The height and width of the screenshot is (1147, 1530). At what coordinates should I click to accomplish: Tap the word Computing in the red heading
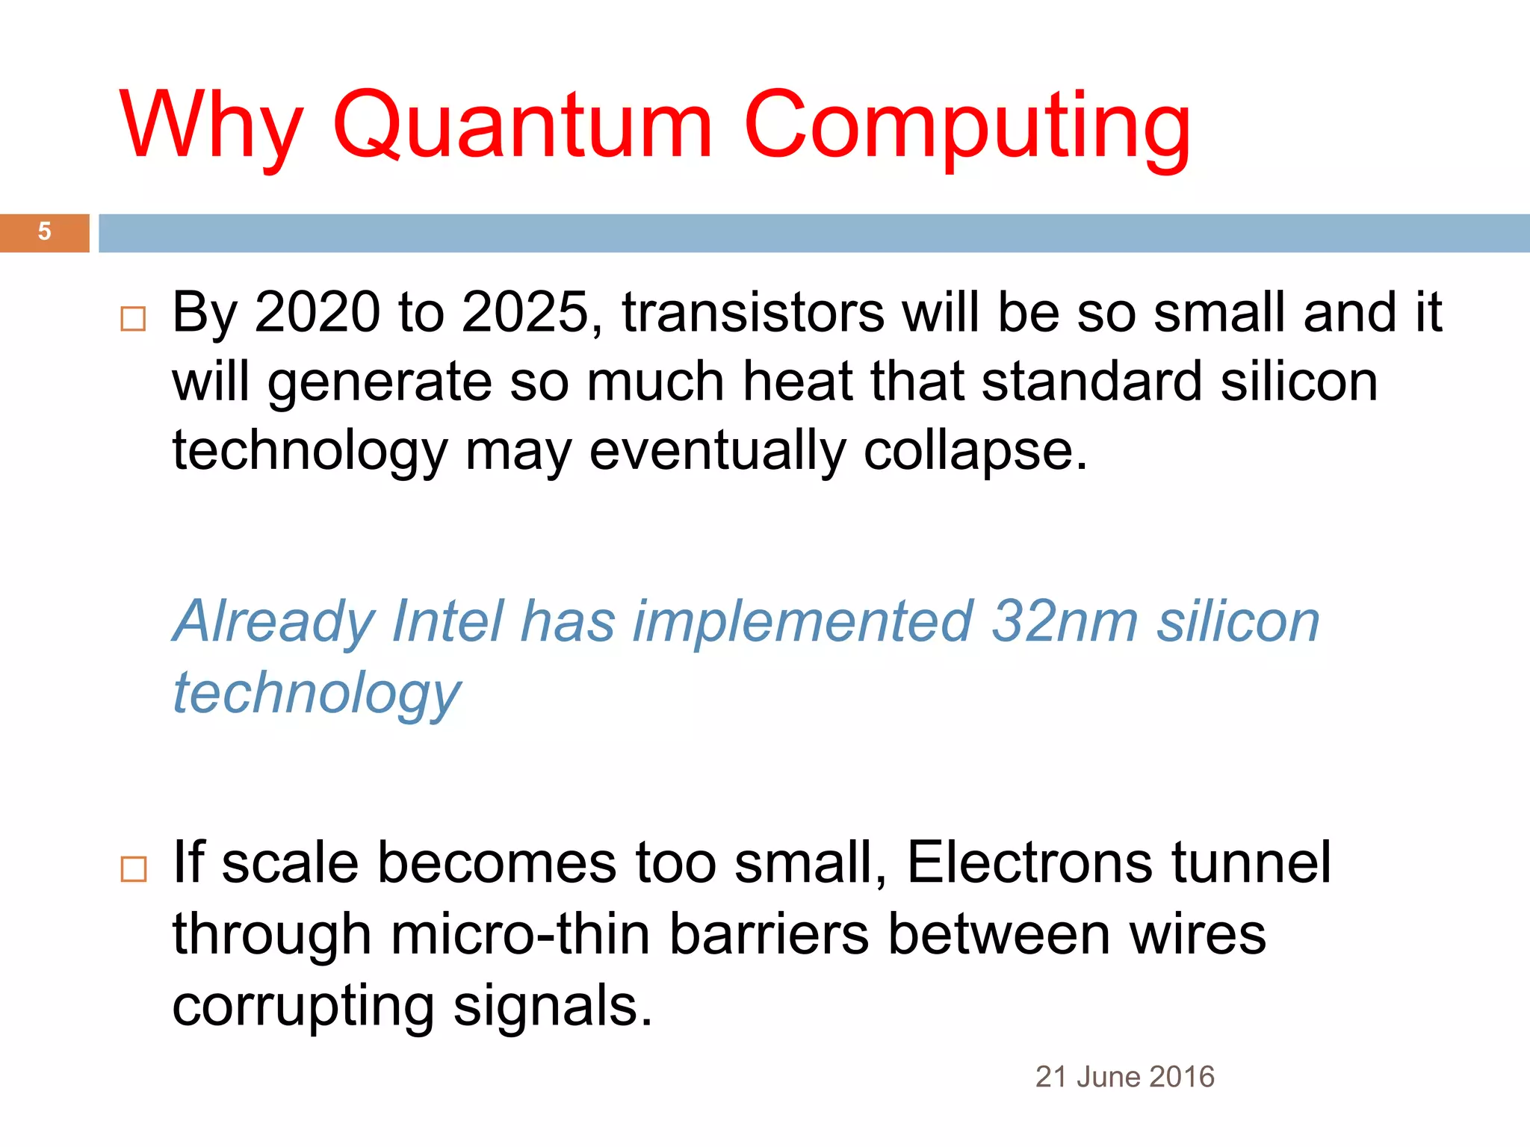coord(967,125)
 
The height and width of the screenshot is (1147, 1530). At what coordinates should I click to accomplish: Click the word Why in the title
coord(211,125)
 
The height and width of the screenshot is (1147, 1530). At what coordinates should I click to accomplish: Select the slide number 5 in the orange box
coord(45,231)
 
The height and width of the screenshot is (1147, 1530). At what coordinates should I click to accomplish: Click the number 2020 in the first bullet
coord(317,312)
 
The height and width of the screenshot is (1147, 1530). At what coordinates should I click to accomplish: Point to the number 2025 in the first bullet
coord(526,312)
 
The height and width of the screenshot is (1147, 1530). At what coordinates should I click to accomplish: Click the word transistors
coord(753,312)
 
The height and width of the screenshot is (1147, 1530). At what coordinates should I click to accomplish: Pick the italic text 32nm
coord(1064,621)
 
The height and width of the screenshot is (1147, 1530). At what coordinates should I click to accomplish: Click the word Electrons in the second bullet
coord(1029,862)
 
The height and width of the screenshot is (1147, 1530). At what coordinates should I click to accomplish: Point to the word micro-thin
coord(520,934)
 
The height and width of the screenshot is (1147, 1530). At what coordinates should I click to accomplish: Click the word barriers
coord(769,934)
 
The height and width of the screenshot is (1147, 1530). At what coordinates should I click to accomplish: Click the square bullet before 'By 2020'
coord(133,319)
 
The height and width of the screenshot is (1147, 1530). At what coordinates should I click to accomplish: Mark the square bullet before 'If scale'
coord(133,869)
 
